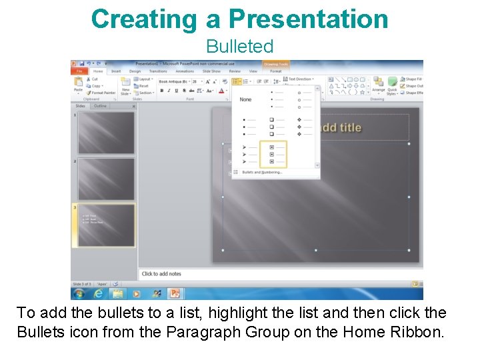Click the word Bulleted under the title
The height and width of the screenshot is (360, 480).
click(x=239, y=47)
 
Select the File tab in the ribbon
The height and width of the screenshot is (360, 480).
click(x=79, y=71)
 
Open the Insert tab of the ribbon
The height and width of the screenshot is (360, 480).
click(x=116, y=71)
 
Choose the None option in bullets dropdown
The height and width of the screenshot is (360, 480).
click(x=246, y=99)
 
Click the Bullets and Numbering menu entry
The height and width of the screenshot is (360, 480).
click(x=261, y=172)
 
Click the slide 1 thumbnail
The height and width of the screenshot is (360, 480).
click(x=107, y=132)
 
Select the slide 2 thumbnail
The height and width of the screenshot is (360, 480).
click(x=107, y=179)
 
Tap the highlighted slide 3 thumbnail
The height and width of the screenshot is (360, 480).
click(x=107, y=225)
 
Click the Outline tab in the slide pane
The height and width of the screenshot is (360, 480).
click(x=100, y=106)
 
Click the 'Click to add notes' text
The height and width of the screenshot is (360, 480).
click(x=161, y=274)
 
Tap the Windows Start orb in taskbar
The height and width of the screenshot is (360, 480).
click(x=79, y=293)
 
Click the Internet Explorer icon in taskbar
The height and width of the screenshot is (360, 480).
click(x=99, y=293)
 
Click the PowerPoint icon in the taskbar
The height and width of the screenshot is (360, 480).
click(x=175, y=293)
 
